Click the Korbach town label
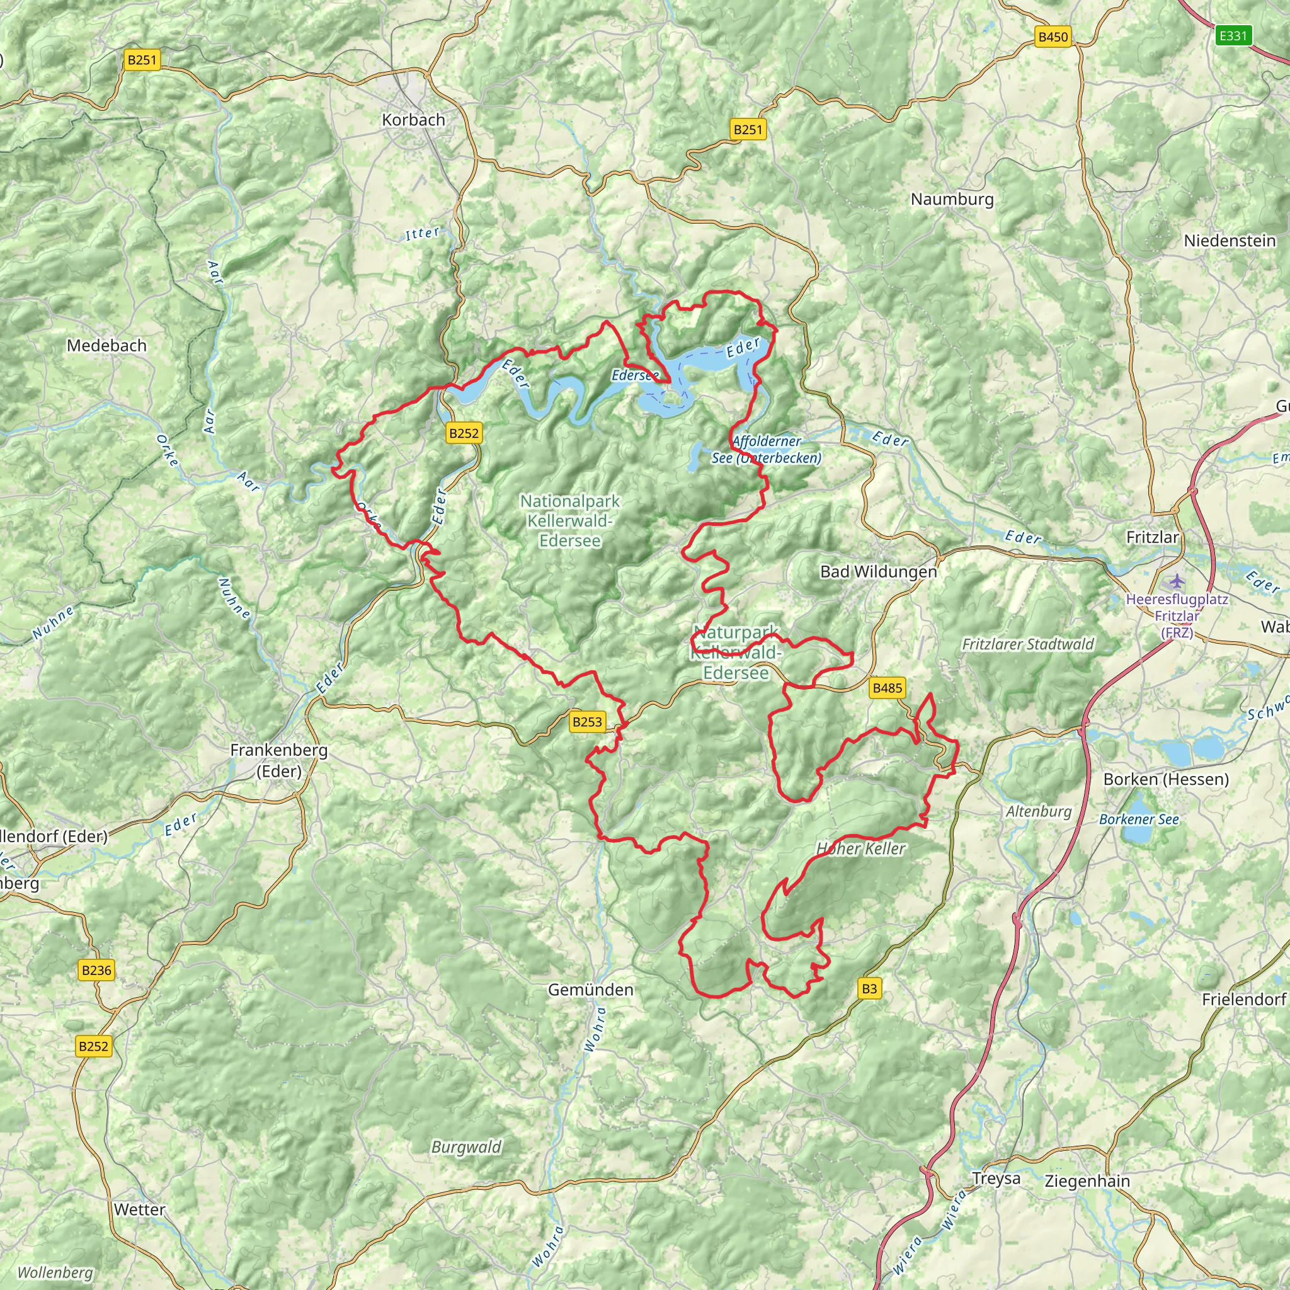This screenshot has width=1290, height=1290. (x=413, y=120)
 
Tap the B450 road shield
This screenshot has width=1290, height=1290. (x=1053, y=37)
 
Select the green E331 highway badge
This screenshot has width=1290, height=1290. (x=1232, y=35)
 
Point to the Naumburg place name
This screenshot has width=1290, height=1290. (x=952, y=199)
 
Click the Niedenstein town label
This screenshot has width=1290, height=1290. (x=1230, y=241)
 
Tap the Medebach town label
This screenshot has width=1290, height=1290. (x=106, y=346)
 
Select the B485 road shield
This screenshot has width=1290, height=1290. (x=887, y=688)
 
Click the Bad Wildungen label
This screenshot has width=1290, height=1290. (x=878, y=571)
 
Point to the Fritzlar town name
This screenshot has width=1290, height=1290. (x=1153, y=537)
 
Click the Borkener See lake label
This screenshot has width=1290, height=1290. (x=1138, y=819)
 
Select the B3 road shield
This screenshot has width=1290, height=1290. (x=869, y=988)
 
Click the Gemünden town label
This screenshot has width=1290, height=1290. (x=590, y=990)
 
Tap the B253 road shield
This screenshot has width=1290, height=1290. (x=587, y=721)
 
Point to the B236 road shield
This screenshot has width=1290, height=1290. (x=96, y=970)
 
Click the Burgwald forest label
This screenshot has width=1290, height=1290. (x=466, y=1147)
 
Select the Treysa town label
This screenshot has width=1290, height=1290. (x=996, y=1179)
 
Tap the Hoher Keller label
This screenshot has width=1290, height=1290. (x=860, y=848)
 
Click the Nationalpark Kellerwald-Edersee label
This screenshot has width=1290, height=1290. (x=569, y=520)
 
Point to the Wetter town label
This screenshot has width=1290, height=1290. (x=140, y=1209)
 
